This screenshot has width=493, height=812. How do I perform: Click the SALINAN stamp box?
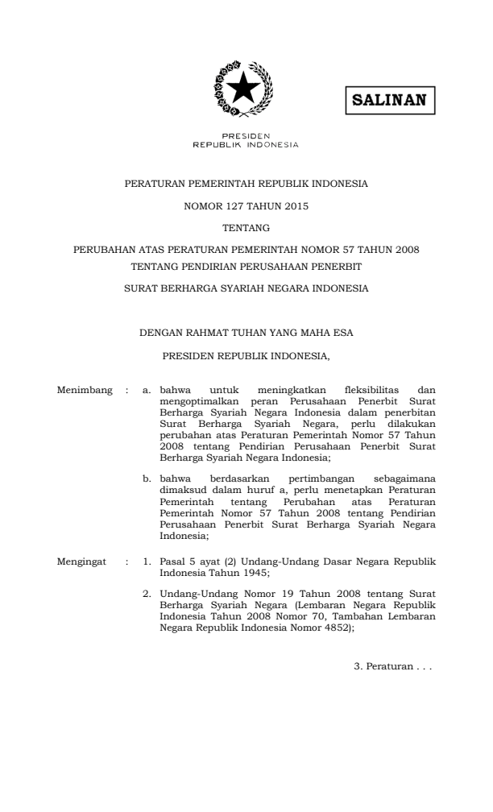pyautogui.click(x=390, y=102)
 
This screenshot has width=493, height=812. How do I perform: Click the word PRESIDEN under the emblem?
pyautogui.click(x=246, y=136)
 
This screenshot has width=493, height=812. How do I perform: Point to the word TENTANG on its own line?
pyautogui.click(x=246, y=229)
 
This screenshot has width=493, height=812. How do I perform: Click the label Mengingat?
pyautogui.click(x=83, y=558)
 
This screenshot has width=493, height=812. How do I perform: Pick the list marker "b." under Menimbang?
pyautogui.click(x=147, y=479)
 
